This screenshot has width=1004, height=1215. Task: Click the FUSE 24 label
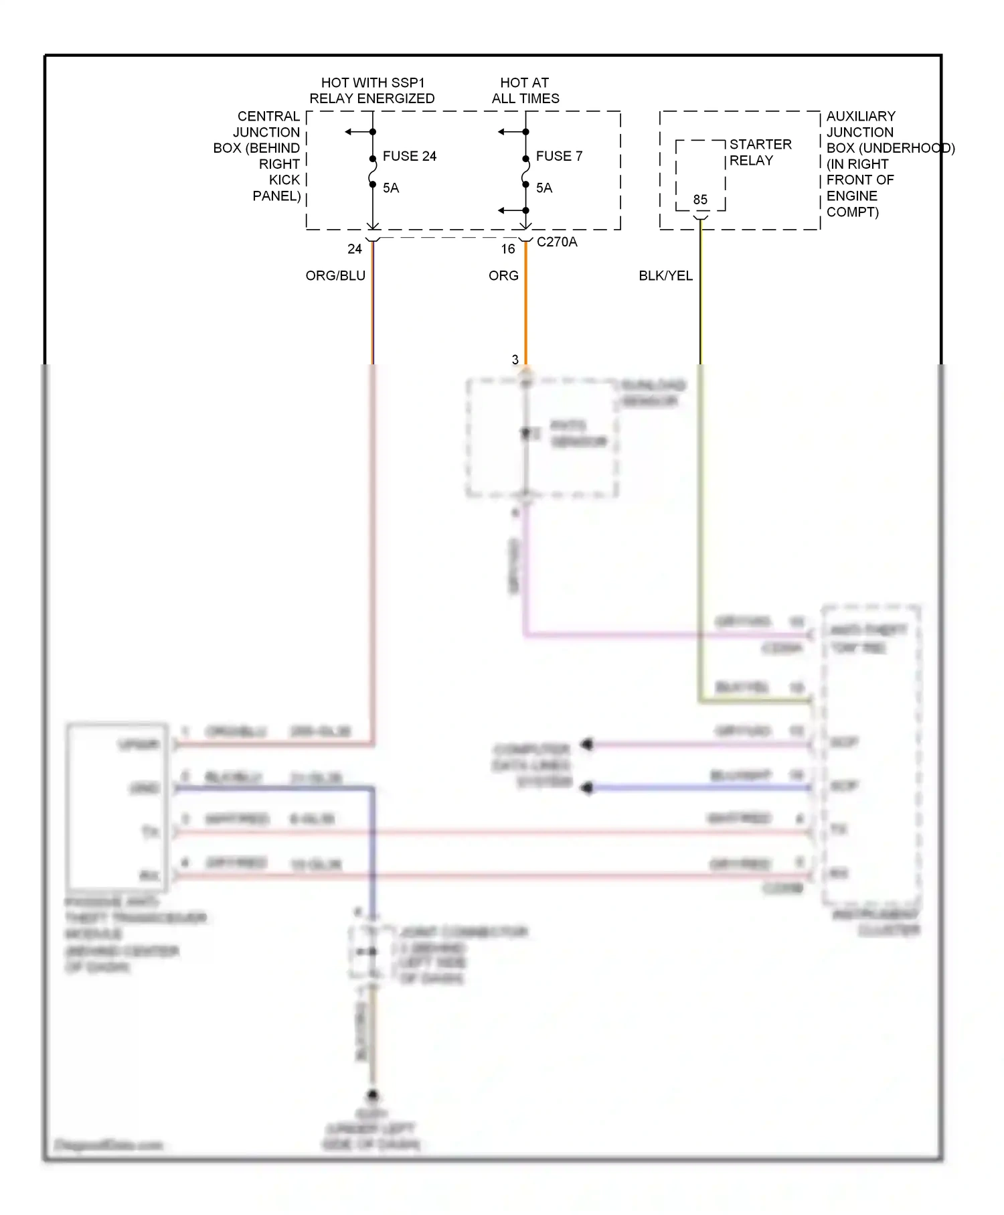click(x=409, y=156)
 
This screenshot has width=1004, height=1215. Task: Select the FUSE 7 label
click(x=559, y=156)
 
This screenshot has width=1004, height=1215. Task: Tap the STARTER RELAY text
click(x=760, y=152)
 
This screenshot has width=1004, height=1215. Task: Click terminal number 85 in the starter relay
click(x=700, y=200)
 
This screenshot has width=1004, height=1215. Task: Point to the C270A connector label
click(x=557, y=242)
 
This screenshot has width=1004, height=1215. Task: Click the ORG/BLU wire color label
click(x=335, y=276)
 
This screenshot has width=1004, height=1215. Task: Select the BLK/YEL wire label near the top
click(x=665, y=276)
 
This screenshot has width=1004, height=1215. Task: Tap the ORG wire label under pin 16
click(x=503, y=276)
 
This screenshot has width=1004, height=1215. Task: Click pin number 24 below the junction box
click(x=355, y=249)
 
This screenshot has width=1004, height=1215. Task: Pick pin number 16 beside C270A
click(x=508, y=249)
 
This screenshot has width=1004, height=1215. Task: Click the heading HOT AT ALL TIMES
click(x=525, y=90)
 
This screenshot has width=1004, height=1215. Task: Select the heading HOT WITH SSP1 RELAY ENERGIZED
click(x=372, y=90)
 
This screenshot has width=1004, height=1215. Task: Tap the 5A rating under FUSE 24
click(x=391, y=188)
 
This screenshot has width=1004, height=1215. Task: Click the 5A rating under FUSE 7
click(x=544, y=188)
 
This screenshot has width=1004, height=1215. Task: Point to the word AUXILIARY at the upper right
click(x=861, y=117)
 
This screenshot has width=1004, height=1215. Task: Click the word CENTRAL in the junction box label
click(x=268, y=117)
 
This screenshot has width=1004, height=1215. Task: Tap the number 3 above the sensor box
click(x=515, y=360)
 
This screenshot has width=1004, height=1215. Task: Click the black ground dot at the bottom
click(x=373, y=1096)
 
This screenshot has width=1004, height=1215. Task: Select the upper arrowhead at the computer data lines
click(x=587, y=744)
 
